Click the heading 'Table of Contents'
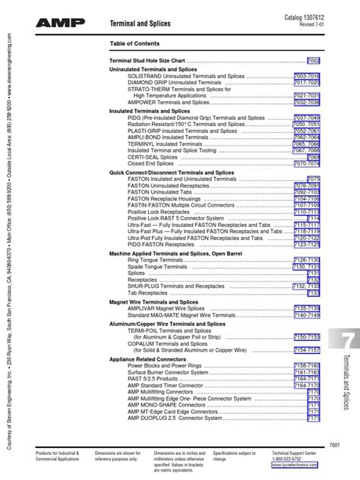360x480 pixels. point(137,43)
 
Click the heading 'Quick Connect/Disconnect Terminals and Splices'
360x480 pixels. point(172,172)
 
